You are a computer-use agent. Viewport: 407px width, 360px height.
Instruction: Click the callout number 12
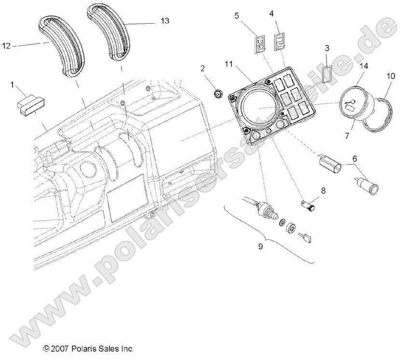point(6,46)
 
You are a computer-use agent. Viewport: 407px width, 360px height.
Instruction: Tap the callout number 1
point(12,85)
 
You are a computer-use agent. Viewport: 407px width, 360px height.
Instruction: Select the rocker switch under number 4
point(279,40)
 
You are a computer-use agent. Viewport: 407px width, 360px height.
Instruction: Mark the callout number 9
point(260,246)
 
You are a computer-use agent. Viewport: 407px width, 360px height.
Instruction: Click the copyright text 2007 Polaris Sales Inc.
point(88,348)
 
